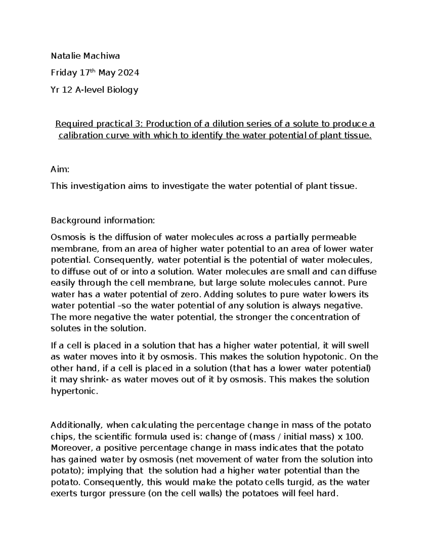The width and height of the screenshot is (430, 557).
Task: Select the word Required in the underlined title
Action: coord(75,124)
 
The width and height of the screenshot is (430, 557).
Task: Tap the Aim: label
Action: coord(59,169)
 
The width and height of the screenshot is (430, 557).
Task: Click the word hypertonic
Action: coord(74,391)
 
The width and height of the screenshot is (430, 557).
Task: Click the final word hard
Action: coord(328,494)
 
